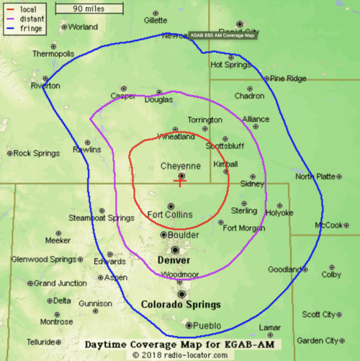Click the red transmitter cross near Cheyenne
coord(181,182)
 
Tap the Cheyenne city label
coord(180,166)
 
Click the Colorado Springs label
coord(181,304)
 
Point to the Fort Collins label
coord(169,215)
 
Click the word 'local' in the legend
coord(28,9)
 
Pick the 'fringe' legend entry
coord(30,28)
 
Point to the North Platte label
coord(315,176)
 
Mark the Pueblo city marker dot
coord(189,326)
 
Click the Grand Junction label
coord(60,283)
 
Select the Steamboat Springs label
coord(101,218)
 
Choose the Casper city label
coord(122,97)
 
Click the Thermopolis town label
coord(53,54)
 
